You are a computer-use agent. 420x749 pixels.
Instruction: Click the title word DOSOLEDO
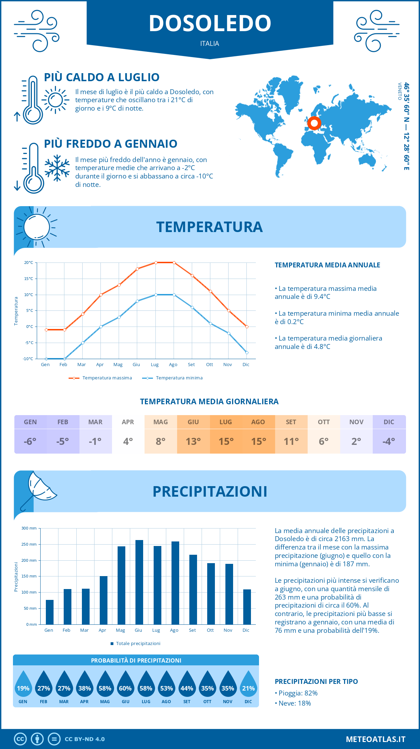210,23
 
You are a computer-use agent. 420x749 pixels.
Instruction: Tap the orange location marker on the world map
314,123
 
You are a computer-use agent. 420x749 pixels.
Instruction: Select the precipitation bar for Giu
139,582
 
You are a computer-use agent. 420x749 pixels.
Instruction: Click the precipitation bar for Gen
50,612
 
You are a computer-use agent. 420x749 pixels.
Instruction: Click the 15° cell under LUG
226,441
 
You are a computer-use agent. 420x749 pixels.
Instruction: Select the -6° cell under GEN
30,441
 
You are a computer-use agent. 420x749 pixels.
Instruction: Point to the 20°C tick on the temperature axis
29,262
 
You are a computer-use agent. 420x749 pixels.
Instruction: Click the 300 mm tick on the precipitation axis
29,528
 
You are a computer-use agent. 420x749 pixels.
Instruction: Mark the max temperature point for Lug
156,262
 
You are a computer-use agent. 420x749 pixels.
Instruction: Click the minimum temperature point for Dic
247,352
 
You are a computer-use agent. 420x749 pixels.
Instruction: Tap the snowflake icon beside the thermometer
57,168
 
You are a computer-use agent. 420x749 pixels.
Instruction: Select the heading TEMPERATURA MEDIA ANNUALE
327,265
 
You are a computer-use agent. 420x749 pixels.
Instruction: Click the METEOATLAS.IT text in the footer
376,739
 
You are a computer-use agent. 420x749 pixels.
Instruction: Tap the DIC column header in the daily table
389,422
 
